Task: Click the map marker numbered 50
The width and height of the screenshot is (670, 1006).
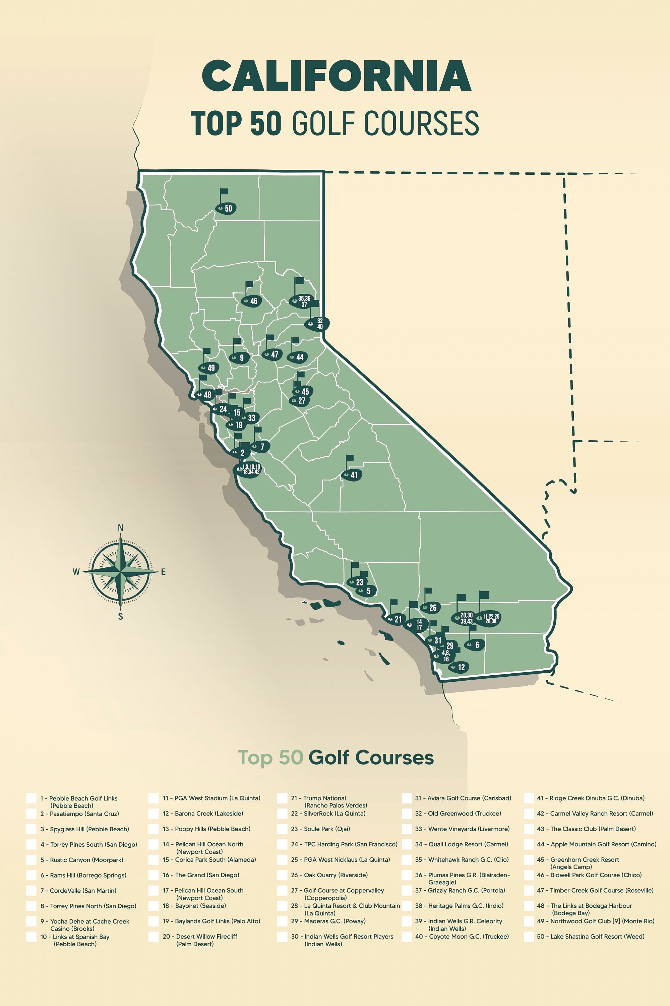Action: point(226,208)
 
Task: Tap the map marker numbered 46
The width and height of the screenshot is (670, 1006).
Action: point(251,301)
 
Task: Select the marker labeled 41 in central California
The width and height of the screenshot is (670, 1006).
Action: point(352,474)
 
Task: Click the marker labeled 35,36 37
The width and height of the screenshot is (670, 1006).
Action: point(302,301)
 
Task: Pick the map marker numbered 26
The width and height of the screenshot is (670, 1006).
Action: point(430,608)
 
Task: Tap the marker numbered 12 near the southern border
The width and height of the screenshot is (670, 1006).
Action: point(459,667)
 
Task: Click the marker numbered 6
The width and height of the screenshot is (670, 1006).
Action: point(474,645)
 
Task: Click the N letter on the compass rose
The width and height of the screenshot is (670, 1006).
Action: point(121,528)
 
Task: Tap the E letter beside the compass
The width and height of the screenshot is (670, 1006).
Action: point(163,572)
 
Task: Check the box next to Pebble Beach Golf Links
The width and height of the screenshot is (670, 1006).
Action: point(31,798)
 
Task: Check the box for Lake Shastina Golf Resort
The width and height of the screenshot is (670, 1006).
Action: point(529,936)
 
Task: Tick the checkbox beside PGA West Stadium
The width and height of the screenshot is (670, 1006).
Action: point(154,798)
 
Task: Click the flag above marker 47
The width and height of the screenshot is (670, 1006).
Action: point(270,338)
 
